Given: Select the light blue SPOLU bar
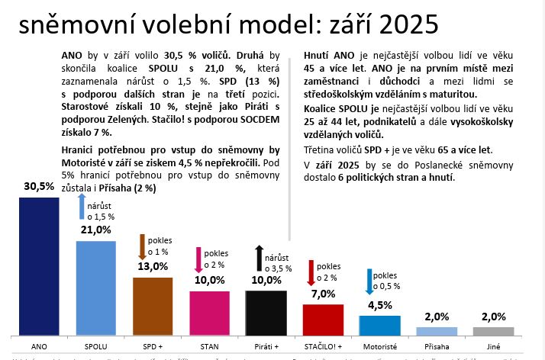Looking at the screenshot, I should (x=95, y=288).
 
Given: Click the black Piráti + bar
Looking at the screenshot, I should (x=266, y=313).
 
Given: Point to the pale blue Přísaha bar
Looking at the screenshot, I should (x=436, y=331).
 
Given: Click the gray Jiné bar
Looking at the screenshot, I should (x=493, y=331).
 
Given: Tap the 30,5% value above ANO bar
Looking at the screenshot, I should (x=39, y=187).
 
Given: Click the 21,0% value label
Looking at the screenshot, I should (x=95, y=230).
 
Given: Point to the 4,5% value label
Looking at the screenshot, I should (x=379, y=306).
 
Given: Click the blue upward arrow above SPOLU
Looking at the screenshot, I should (x=80, y=207).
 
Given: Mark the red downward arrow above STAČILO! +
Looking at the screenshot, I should (x=311, y=272).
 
